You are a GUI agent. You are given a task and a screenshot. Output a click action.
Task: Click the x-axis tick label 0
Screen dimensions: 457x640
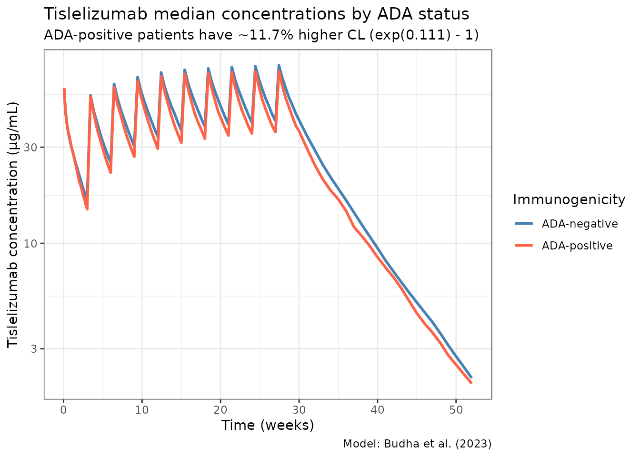tap(63, 410)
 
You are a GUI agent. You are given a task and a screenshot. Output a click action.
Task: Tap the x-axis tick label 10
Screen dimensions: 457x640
tap(142, 410)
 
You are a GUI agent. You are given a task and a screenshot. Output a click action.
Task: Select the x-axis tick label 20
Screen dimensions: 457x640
tap(220, 410)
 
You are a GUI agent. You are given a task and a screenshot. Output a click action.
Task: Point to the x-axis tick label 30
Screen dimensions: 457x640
tap(299, 410)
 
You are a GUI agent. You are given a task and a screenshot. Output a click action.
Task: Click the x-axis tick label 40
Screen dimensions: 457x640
tap(377, 410)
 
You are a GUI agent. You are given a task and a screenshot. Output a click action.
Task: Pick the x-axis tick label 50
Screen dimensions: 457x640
tap(456, 410)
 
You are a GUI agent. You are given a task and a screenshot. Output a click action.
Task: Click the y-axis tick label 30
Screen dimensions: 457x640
tap(31, 148)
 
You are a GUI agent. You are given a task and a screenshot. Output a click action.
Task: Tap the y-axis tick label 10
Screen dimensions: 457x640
tap(31, 244)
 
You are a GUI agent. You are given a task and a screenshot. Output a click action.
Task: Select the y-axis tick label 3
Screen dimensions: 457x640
tap(34, 349)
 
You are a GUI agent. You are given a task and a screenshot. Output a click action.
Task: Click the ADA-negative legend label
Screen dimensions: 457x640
tap(580, 224)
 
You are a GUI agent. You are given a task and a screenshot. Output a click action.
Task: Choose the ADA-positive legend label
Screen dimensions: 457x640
tap(577, 246)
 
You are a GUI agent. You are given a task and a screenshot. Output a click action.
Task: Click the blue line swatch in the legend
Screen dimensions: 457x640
tap(524, 224)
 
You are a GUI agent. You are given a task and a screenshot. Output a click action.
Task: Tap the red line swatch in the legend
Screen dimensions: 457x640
tap(524, 246)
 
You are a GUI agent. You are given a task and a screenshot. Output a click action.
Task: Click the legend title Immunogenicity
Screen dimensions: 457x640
tap(569, 200)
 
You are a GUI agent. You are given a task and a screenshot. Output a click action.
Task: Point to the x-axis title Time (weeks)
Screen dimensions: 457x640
tap(268, 425)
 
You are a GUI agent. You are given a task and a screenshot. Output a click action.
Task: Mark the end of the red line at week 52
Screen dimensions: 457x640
tap(471, 383)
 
